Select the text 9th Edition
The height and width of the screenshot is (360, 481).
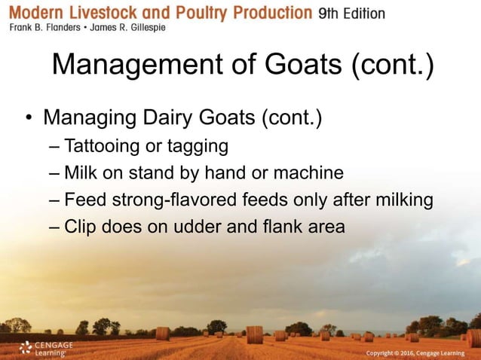(x=351, y=14)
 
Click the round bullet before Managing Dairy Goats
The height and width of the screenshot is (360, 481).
(x=28, y=120)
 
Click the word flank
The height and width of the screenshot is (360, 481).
(x=286, y=227)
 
